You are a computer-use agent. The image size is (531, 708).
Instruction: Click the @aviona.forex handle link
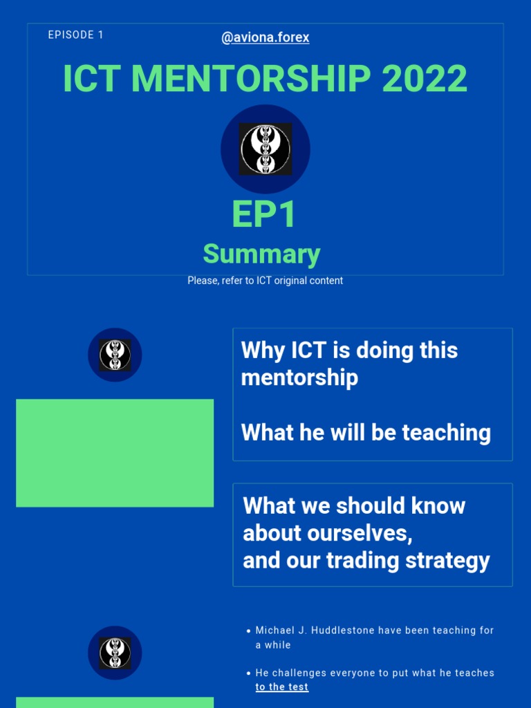click(x=265, y=38)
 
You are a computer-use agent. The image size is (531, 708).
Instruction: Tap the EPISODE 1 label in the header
click(x=76, y=35)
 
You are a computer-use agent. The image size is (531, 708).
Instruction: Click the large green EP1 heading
click(x=264, y=215)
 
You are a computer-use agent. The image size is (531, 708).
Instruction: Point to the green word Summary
click(x=261, y=254)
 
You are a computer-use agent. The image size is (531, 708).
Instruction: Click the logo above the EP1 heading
click(x=265, y=149)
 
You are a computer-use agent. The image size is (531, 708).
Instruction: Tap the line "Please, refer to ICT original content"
click(x=265, y=281)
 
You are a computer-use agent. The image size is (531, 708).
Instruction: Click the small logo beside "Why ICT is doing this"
click(x=115, y=355)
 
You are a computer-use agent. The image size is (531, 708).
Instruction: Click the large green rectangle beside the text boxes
click(x=115, y=453)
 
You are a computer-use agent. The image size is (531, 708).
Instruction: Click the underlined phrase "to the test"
click(x=282, y=687)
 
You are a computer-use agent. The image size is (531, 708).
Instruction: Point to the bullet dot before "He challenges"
click(x=248, y=673)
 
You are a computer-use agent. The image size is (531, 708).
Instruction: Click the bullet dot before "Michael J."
click(x=248, y=631)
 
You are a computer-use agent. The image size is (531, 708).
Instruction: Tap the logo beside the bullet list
click(x=115, y=653)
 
